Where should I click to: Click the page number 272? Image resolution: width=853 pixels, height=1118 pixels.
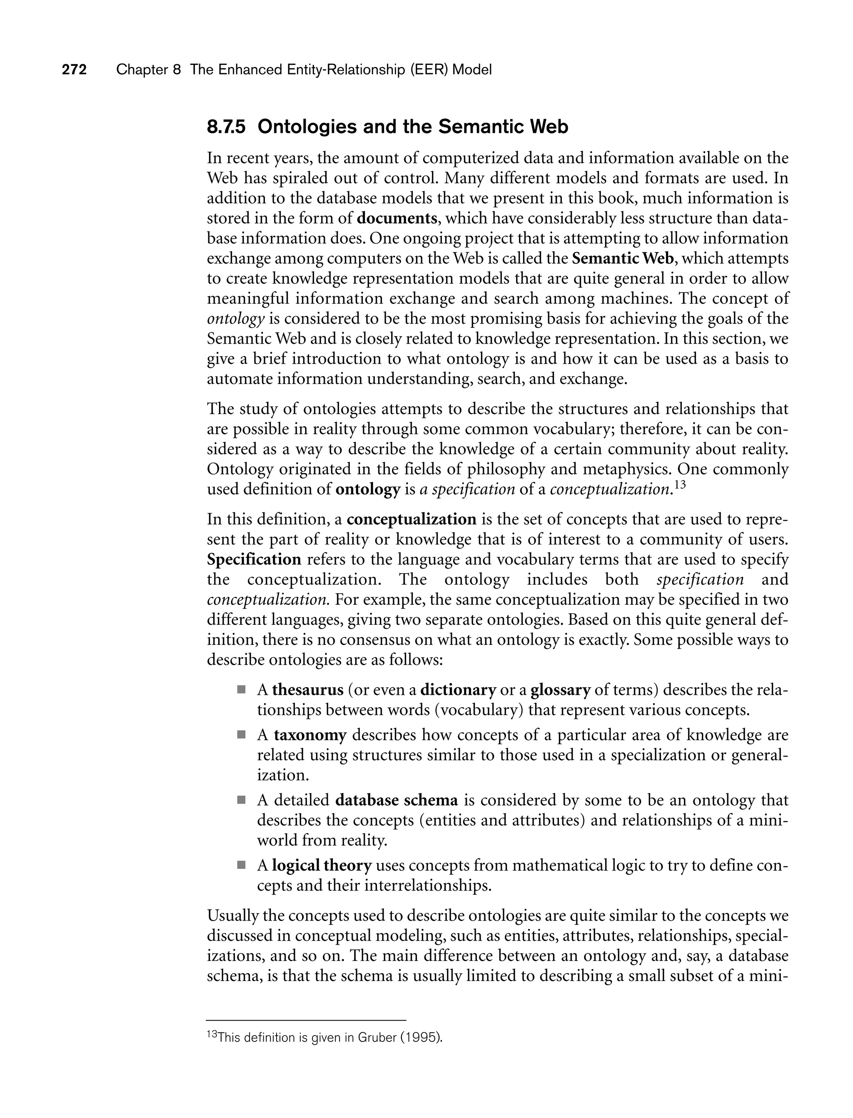pos(74,70)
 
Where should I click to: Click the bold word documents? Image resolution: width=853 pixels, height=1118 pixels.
pos(397,218)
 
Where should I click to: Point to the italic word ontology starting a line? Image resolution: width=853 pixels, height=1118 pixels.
pos(236,319)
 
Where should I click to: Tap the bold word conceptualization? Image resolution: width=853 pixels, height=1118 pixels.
pos(411,519)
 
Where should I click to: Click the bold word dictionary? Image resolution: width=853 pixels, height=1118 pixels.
pos(458,690)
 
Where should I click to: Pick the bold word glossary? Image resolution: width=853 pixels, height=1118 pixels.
pos(561,690)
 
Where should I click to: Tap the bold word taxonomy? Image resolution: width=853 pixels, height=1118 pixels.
pos(310,735)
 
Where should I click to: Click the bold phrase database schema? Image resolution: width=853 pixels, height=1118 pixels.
pos(397,800)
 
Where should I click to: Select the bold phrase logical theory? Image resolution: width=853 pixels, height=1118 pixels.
pos(322,865)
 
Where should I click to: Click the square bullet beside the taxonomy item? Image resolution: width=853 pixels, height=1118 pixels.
pos(241,735)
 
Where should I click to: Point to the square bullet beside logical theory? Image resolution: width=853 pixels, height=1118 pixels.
pos(241,865)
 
